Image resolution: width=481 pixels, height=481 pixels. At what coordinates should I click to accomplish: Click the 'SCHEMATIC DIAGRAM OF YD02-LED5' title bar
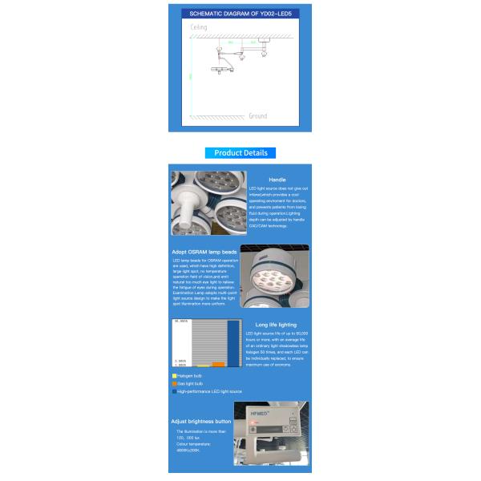pyautogui.click(x=240, y=14)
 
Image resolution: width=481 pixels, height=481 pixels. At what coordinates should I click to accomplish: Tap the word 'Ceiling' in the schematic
pyautogui.click(x=199, y=27)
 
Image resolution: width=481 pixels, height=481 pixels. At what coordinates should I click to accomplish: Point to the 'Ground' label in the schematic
pyautogui.click(x=257, y=116)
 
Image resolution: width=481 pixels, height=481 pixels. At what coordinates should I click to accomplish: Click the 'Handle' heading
pyautogui.click(x=277, y=180)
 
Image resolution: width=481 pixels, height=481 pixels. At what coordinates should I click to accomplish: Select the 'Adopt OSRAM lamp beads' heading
pyautogui.click(x=205, y=252)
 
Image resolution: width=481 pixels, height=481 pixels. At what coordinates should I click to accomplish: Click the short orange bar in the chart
pyautogui.click(x=218, y=364)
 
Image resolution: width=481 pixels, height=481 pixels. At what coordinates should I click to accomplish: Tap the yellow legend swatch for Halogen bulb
pyautogui.click(x=174, y=375)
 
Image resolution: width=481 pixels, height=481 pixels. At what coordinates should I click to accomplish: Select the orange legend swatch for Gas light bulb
pyautogui.click(x=174, y=383)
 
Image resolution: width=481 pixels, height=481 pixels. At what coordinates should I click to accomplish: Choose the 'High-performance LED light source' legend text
pyautogui.click(x=209, y=391)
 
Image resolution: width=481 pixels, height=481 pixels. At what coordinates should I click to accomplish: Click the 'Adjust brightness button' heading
pyautogui.click(x=201, y=421)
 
